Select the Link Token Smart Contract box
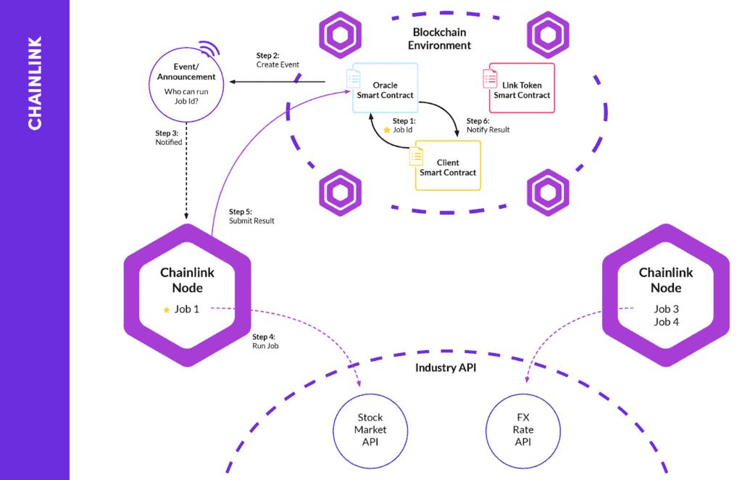click(x=521, y=88)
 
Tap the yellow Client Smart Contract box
click(x=447, y=165)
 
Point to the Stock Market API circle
click(x=370, y=430)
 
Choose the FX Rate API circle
click(x=522, y=430)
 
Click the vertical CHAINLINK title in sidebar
click(x=35, y=83)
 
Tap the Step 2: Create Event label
click(x=278, y=60)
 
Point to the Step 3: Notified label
click(x=169, y=138)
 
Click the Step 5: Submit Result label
click(x=251, y=216)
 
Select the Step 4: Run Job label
click(x=265, y=342)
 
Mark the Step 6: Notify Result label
click(x=488, y=125)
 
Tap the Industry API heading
click(x=445, y=368)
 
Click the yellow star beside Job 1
click(x=167, y=310)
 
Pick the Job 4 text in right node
click(x=666, y=321)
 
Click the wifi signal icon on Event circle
click(x=209, y=49)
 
